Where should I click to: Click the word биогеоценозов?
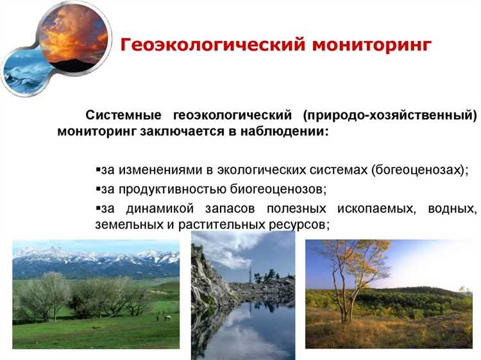[x=279, y=190]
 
